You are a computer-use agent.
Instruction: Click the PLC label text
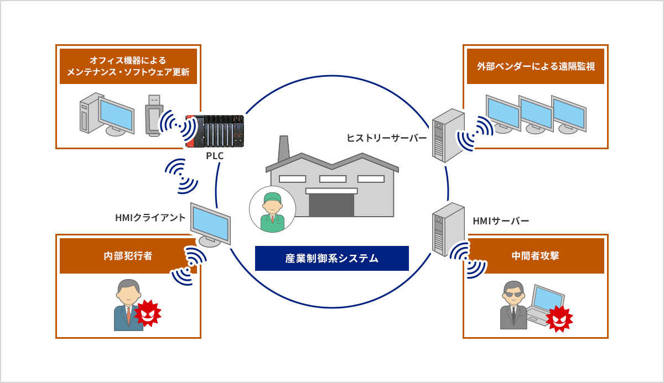click(215, 156)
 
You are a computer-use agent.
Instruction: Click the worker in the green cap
click(272, 209)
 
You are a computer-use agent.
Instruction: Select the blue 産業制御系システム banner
click(331, 258)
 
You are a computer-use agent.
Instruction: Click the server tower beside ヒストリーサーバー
click(448, 134)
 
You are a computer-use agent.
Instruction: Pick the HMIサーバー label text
click(501, 221)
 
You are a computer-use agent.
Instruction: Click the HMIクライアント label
click(150, 218)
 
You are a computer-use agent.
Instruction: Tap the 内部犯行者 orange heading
click(128, 256)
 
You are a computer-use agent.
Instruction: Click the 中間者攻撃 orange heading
click(535, 256)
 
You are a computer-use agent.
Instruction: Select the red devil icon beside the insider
click(147, 313)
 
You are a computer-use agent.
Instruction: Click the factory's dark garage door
click(331, 204)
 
